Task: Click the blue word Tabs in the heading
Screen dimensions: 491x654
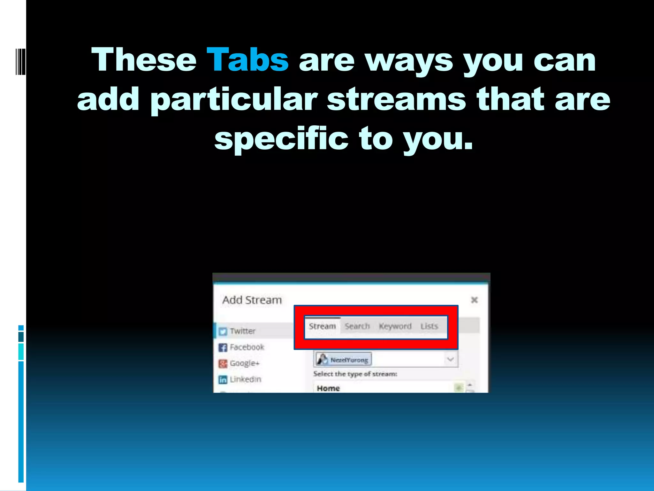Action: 247,60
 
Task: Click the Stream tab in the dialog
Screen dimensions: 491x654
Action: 322,326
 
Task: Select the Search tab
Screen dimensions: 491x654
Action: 357,326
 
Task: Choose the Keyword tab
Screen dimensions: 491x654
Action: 395,326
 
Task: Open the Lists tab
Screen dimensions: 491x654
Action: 429,326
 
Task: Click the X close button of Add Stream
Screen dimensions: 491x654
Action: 474,300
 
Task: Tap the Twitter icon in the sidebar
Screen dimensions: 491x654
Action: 223,331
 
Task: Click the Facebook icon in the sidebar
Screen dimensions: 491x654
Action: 223,347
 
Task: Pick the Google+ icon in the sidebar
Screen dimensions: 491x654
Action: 223,363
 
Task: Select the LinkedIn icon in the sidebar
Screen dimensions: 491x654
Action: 223,379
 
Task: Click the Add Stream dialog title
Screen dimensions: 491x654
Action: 252,300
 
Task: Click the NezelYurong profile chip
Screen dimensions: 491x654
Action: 344,360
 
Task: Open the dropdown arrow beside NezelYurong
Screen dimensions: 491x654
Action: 450,359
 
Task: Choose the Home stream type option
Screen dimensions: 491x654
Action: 328,388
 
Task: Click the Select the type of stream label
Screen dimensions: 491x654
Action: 355,374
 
